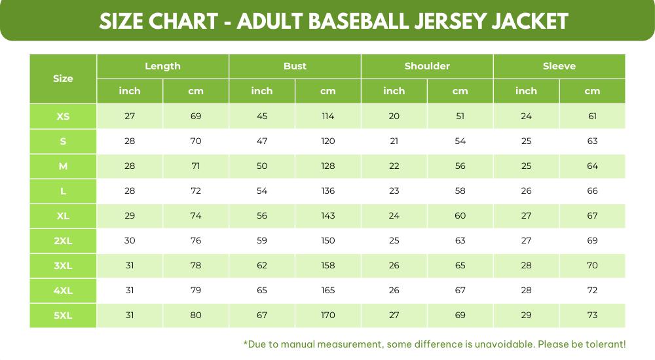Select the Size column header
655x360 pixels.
63,79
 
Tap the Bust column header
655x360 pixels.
295,66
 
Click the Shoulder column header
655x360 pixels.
427,66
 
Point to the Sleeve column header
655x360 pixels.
559,66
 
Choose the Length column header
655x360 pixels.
162,66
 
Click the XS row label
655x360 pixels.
63,117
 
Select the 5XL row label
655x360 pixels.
63,315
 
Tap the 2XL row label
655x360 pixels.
63,240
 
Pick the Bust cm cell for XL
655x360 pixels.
328,215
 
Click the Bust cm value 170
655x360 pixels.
328,315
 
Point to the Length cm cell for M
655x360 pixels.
196,166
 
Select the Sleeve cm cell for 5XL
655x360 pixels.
592,315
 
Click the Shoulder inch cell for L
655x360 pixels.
394,191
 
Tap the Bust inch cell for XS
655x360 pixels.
262,117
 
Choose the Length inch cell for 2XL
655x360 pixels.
130,240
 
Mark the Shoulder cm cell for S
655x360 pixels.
460,141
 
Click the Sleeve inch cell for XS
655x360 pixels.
526,117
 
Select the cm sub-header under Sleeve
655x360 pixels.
592,91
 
